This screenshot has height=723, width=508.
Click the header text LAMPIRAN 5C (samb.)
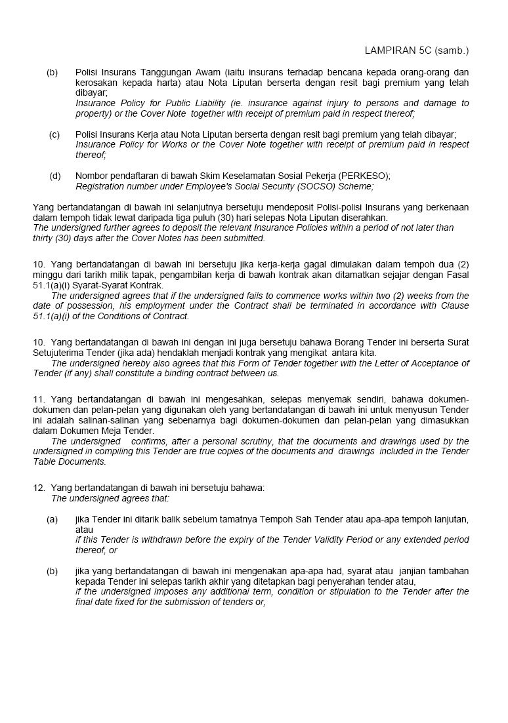(417, 50)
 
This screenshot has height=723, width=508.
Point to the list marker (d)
(55, 176)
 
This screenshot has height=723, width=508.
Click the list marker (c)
(54, 134)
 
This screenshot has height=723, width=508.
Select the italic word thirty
(44, 238)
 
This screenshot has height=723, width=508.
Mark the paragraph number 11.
(38, 399)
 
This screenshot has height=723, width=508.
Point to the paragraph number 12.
(38, 488)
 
